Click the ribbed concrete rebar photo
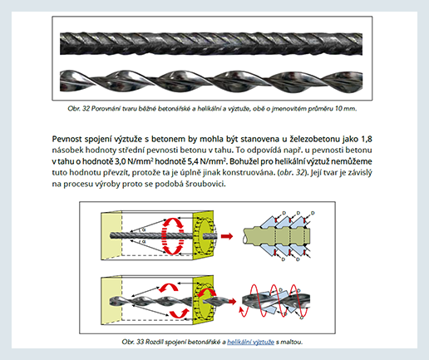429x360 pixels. click(211, 44)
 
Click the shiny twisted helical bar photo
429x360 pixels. click(211, 81)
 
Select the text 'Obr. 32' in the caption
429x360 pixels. click(79, 109)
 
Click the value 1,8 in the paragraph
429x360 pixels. click(367, 139)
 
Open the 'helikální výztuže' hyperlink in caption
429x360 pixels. click(250, 342)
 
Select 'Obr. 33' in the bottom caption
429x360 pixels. click(133, 342)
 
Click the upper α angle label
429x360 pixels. click(144, 229)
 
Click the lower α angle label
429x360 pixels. click(144, 242)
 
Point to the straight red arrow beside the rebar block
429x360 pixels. click(227, 236)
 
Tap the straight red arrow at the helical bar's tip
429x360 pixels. click(231, 301)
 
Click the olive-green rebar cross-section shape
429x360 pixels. click(277, 236)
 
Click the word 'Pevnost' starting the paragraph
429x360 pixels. click(67, 139)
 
